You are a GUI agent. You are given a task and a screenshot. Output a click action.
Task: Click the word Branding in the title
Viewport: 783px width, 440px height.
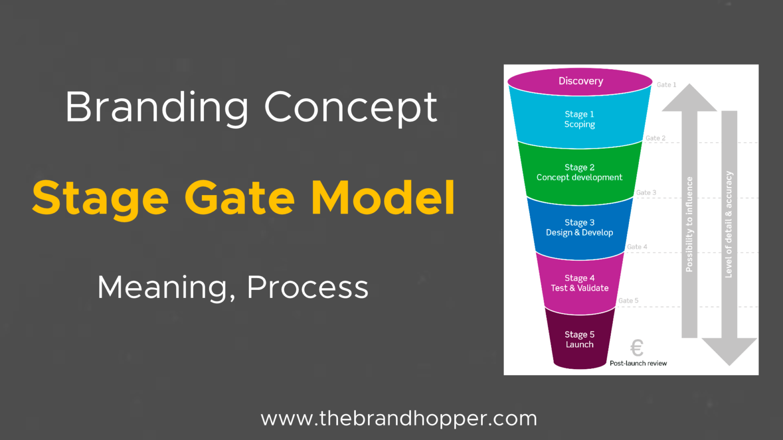(156, 107)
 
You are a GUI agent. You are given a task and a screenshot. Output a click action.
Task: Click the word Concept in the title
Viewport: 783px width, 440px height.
(351, 107)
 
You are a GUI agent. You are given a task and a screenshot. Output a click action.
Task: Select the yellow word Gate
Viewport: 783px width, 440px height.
(240, 198)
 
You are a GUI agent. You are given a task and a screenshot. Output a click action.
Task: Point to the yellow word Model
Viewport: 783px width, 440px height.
(383, 198)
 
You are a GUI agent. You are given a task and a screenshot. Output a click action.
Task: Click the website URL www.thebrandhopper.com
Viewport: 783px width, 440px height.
(399, 419)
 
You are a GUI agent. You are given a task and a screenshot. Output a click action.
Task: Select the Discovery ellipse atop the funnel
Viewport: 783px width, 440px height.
(580, 81)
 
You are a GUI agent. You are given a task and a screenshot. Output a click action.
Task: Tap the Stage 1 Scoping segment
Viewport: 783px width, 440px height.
(580, 120)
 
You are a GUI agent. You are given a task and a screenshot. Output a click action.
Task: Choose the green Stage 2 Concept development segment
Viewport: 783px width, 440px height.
(580, 173)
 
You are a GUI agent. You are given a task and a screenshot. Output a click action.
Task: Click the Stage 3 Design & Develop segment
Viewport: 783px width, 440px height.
(580, 228)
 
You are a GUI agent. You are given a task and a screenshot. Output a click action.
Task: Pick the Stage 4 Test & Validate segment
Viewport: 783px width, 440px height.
(580, 283)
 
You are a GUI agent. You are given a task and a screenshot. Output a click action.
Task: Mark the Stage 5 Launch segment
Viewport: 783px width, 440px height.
(580, 340)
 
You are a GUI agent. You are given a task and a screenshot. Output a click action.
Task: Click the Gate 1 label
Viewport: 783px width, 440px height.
(666, 85)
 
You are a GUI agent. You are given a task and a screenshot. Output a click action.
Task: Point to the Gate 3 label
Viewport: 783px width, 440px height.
(646, 193)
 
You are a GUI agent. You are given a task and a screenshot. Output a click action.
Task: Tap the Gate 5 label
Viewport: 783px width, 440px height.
(628, 300)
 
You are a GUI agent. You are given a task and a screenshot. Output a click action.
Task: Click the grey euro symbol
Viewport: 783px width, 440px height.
(637, 348)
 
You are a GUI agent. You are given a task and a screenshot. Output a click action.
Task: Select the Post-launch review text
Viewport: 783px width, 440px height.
(638, 363)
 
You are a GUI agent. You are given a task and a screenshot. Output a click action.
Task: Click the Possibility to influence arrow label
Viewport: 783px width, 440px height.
(689, 224)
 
